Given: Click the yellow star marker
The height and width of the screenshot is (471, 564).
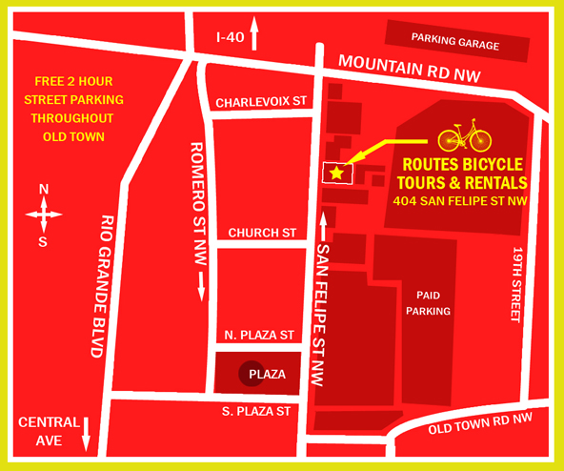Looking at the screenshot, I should pos(336,173).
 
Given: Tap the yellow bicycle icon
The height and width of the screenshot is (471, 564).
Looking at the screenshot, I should pos(464,135).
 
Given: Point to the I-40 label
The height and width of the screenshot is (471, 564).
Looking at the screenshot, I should pos(230,37).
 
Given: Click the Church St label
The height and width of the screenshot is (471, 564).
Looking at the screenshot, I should pos(262,233).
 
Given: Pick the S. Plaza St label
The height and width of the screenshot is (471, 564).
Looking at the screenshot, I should pos(255,411).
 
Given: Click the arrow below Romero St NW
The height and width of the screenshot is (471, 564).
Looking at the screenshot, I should pos(202,285).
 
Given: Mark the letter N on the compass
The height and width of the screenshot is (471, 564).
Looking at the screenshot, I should pos(43,190).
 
